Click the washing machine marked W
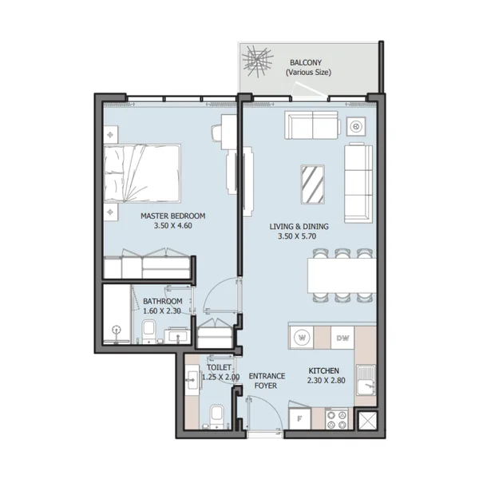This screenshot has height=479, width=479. click(302, 338)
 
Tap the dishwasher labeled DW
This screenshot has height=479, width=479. click(342, 338)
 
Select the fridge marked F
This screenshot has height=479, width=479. click(299, 418)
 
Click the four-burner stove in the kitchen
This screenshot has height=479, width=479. click(336, 419)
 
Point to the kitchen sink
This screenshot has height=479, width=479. click(366, 380)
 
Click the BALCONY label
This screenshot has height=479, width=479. click(306, 62)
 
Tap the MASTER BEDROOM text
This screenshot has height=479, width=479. click(173, 216)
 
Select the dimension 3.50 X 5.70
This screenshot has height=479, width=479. click(297, 236)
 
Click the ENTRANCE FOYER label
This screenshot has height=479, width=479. click(267, 381)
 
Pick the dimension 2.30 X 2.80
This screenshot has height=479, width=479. click(327, 381)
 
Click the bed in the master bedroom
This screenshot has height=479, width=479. click(142, 173)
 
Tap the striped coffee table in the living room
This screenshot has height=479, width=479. click(312, 184)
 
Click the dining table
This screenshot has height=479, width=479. click(342, 275)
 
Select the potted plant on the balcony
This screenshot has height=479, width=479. click(257, 61)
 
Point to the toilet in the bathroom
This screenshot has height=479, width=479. click(148, 331)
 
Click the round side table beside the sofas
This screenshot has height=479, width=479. click(355, 126)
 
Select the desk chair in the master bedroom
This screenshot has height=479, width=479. click(216, 133)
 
